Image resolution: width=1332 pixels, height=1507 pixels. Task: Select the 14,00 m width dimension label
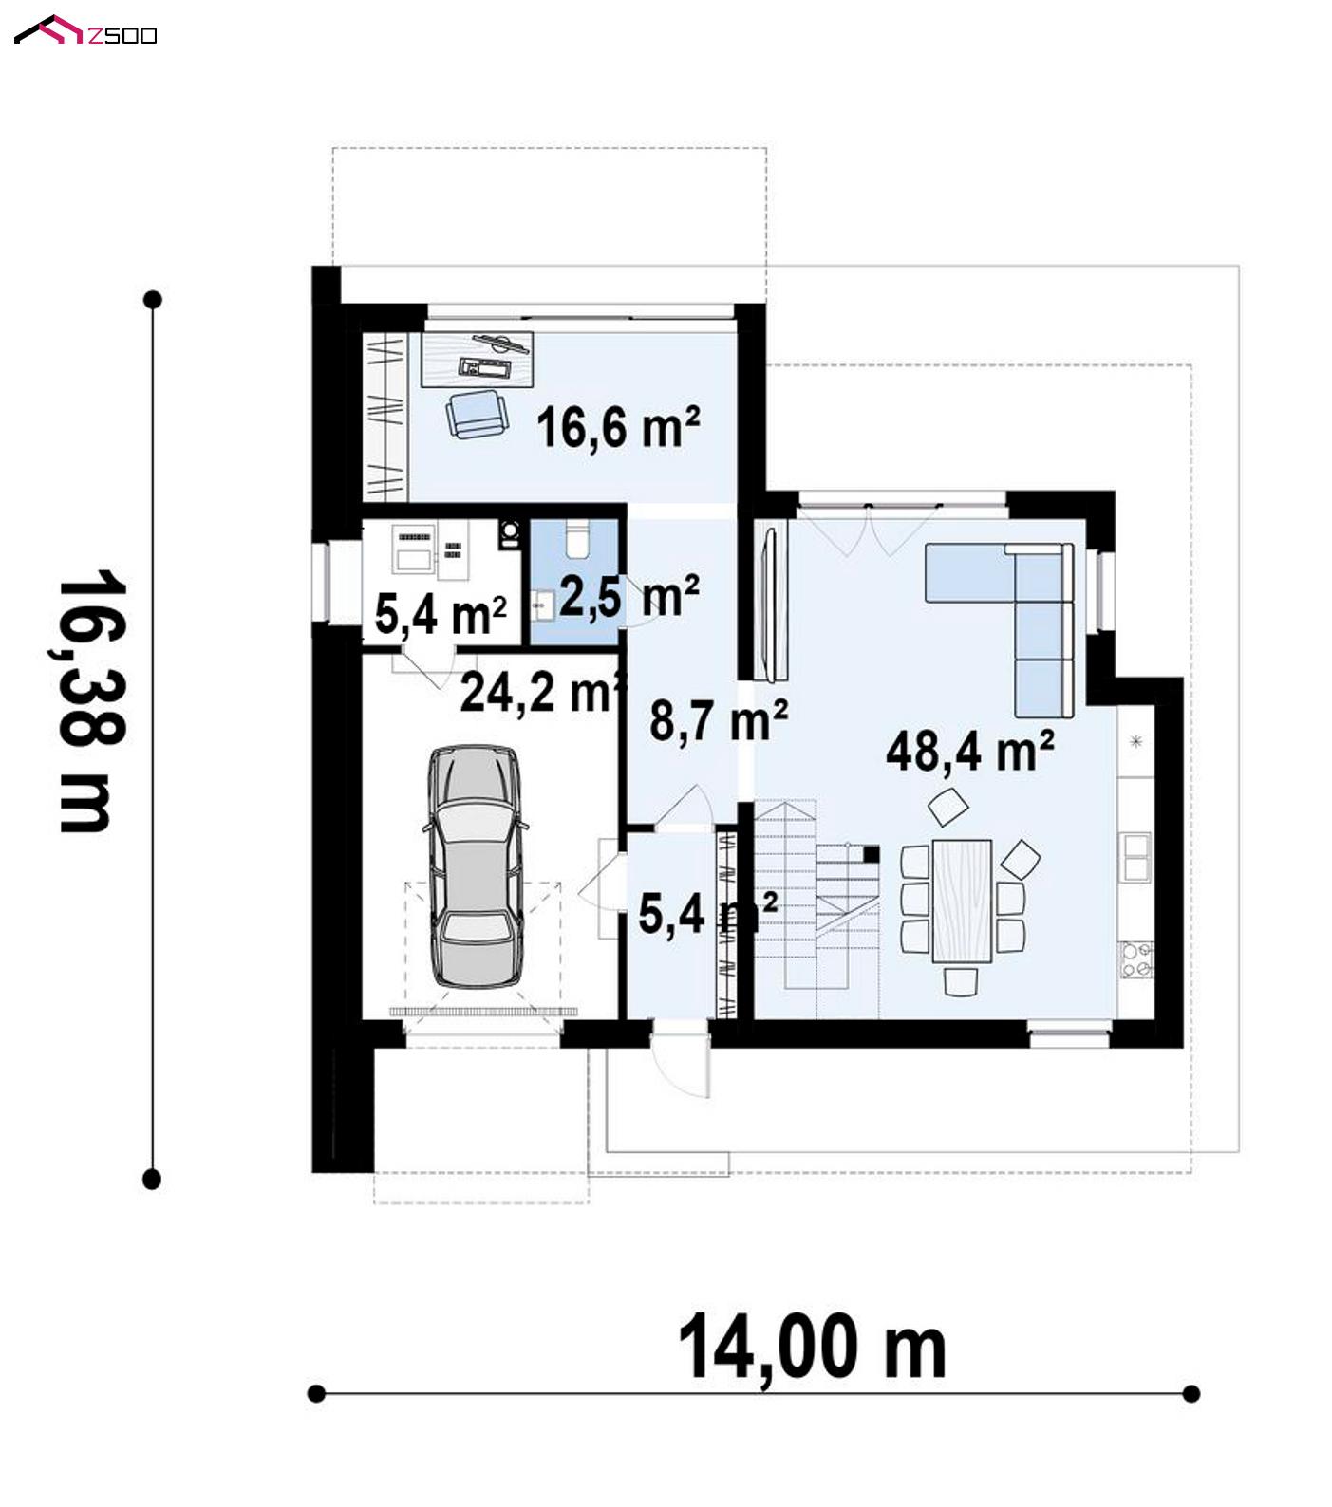point(812,1347)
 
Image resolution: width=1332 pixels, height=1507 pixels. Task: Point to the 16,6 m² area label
point(618,426)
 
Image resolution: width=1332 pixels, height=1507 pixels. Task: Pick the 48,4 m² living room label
point(969,751)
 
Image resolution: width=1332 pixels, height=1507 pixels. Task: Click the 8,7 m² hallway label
point(719,720)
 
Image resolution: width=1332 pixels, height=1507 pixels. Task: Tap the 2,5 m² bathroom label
point(629,595)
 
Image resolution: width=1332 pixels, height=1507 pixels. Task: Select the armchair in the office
point(475,415)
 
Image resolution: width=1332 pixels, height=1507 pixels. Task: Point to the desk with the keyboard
point(478,360)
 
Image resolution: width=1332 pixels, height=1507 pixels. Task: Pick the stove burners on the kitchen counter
point(1135,958)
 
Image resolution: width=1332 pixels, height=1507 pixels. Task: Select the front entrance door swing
point(680,1061)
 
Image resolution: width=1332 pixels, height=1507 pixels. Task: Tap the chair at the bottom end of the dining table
point(962,981)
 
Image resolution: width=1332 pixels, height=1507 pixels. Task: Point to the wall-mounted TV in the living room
point(771,604)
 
